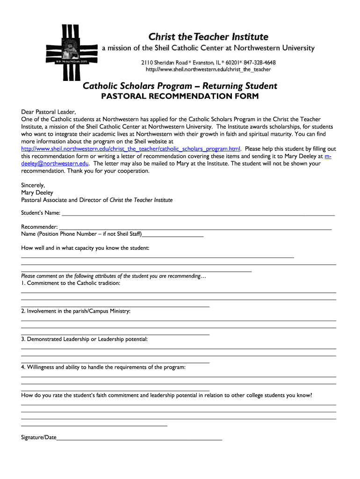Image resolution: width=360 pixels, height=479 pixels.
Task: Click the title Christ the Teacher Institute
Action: tap(208, 36)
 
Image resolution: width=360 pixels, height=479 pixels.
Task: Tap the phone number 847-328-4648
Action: tap(259, 63)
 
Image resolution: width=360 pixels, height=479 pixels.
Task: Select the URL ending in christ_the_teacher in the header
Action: tap(208, 70)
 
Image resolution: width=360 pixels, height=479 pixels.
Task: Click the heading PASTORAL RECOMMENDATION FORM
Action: tap(180, 96)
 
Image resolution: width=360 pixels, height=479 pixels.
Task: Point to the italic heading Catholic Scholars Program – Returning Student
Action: tap(180, 86)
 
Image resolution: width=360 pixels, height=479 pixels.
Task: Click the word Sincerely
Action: tap(33, 185)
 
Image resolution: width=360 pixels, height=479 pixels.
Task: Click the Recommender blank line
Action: tap(196, 227)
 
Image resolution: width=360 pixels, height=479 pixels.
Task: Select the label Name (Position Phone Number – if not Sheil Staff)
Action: tap(81, 234)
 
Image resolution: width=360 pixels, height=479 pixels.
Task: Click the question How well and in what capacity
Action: tap(85, 248)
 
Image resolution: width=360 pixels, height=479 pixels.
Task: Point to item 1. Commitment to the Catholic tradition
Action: tap(71, 283)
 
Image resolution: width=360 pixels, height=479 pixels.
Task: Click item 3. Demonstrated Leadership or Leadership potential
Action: tap(84, 339)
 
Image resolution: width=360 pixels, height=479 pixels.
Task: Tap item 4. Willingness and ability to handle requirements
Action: tap(103, 367)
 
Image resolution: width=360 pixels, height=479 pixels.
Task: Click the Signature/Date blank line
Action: tap(139, 438)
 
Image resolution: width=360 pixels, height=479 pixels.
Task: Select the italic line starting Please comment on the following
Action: tap(114, 276)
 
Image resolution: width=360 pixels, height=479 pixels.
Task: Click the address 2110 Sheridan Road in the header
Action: tap(165, 63)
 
